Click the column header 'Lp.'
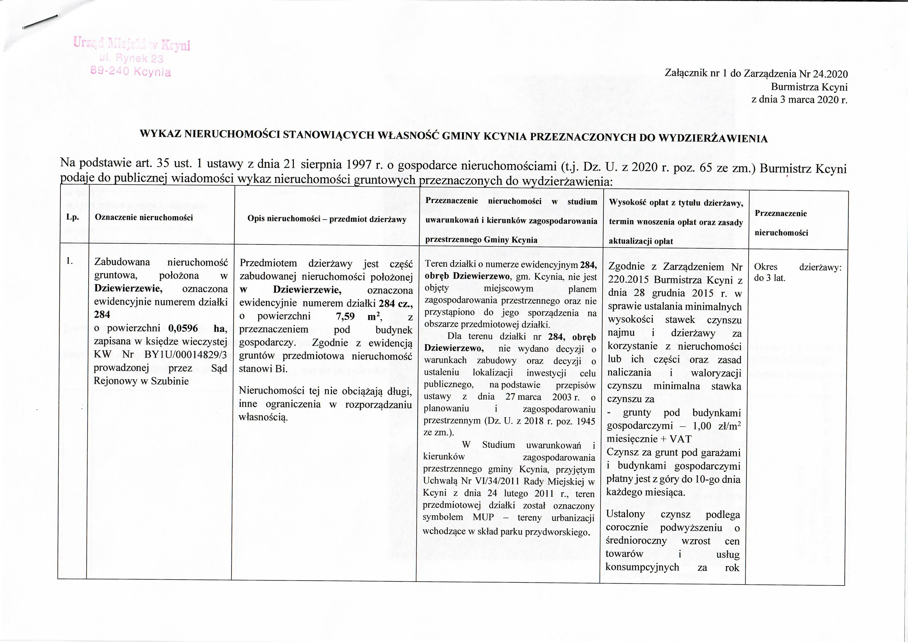pyautogui.click(x=73, y=218)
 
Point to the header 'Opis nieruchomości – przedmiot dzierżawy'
pyautogui.click(x=327, y=219)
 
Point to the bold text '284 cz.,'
pyautogui.click(x=395, y=304)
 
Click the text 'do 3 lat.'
pyautogui.click(x=769, y=278)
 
